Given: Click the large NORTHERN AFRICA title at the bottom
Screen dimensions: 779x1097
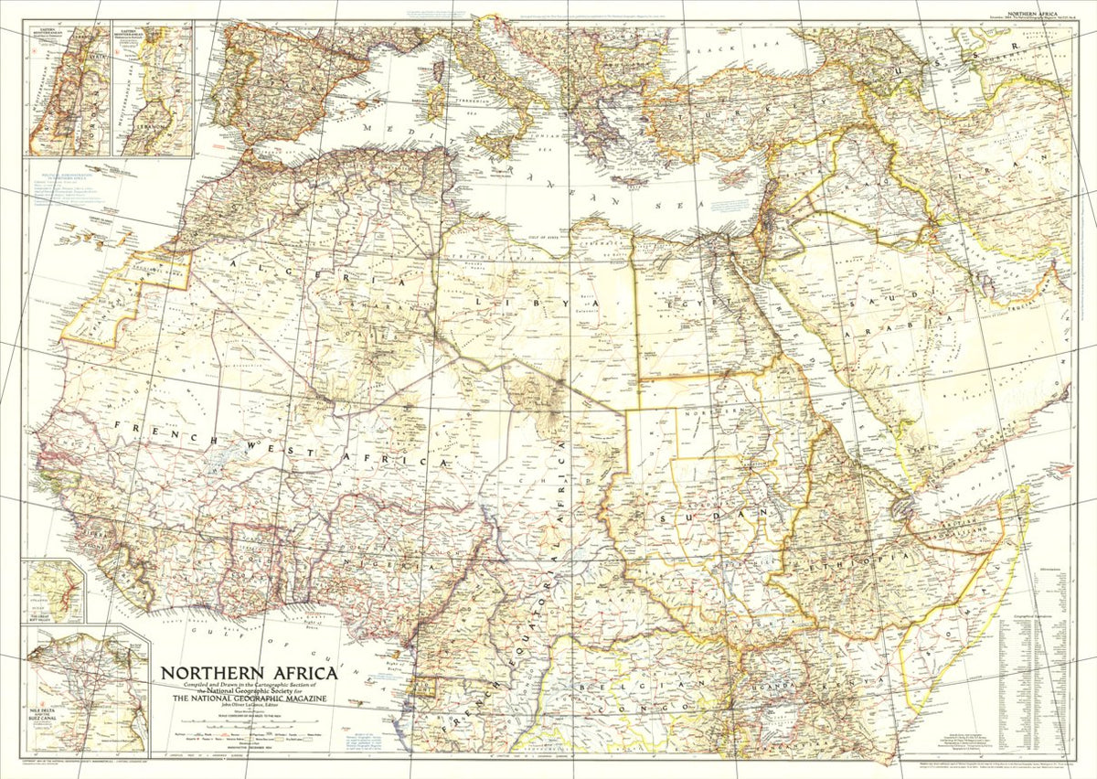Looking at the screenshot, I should pos(249,674).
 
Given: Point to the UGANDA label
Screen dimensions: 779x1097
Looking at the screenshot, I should pos(777,684).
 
